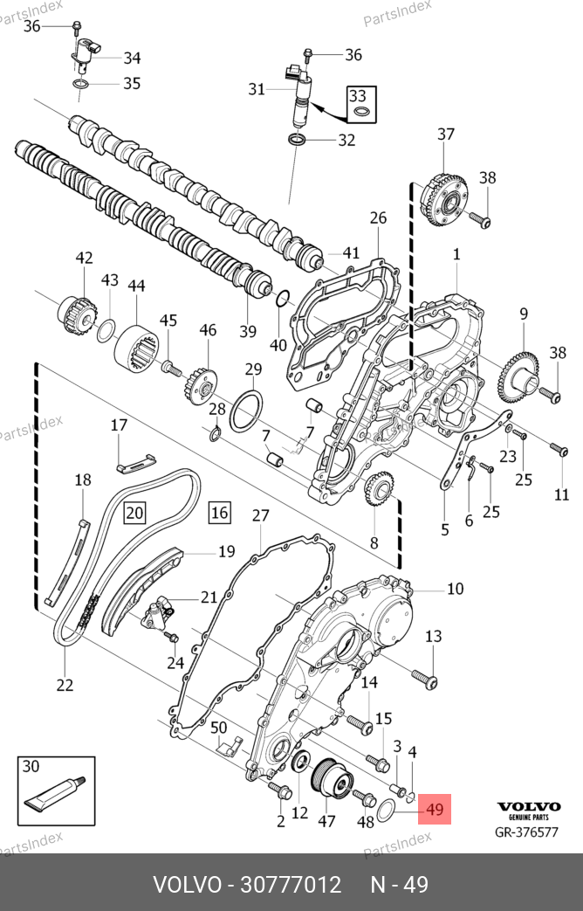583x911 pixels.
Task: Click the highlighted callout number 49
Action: tap(435, 810)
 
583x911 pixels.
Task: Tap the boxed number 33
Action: tap(358, 94)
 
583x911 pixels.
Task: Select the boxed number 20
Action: tap(134, 513)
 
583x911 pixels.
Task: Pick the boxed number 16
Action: tap(219, 513)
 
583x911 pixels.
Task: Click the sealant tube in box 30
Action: tap(55, 792)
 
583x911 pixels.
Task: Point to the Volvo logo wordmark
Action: tap(529, 806)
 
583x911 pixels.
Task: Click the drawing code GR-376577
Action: tap(526, 832)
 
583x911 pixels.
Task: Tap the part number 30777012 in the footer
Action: tap(291, 885)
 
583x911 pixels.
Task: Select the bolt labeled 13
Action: tap(424, 680)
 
